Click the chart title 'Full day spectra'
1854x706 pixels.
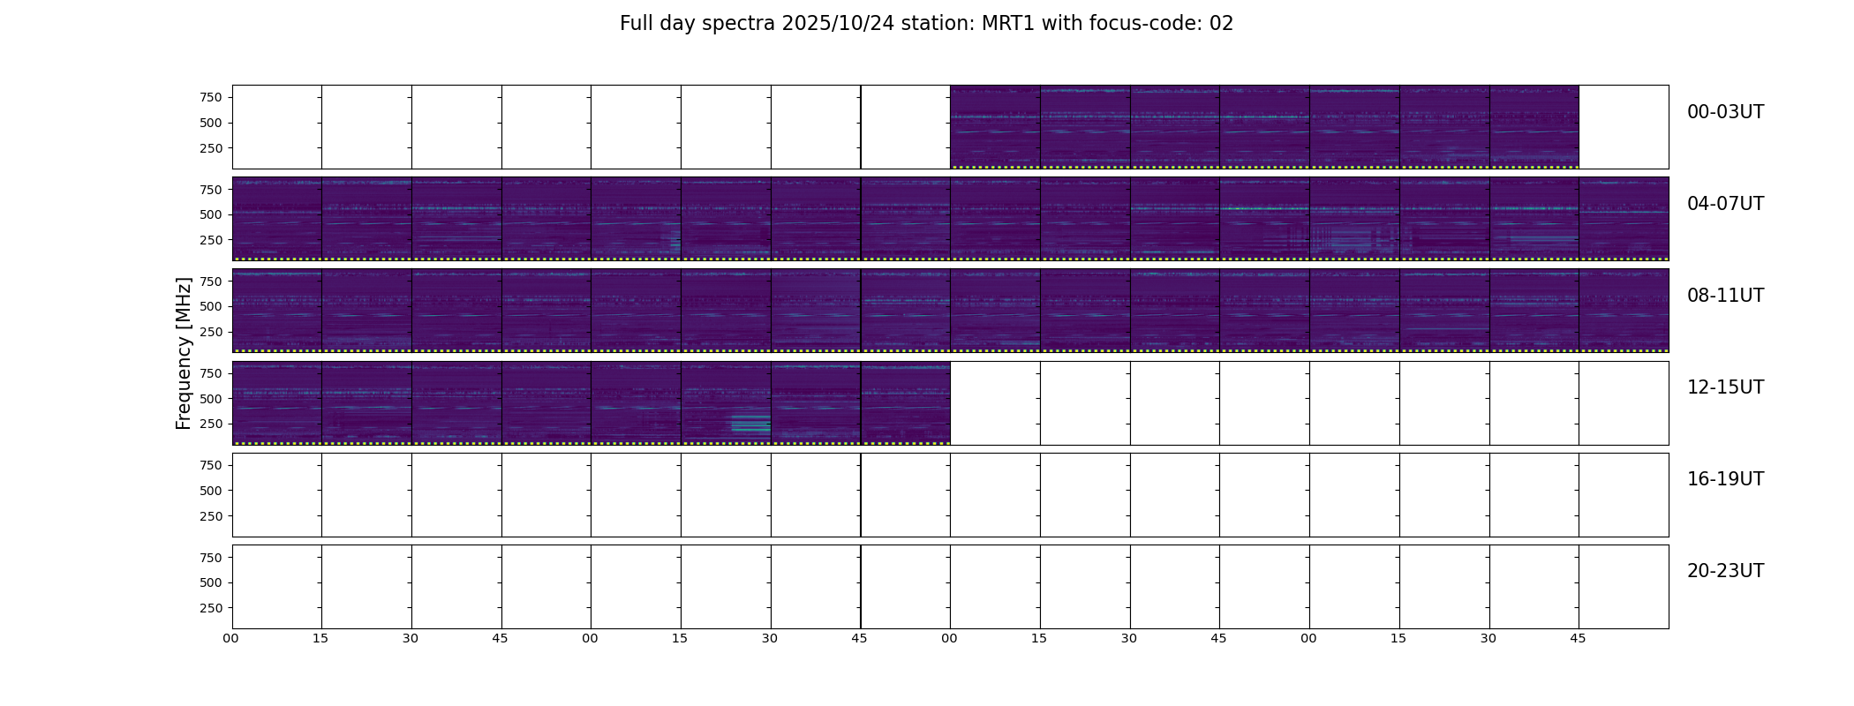pyautogui.click(x=698, y=24)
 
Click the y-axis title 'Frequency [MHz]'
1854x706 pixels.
pyautogui.click(x=184, y=354)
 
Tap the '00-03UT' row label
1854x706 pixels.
pyautogui.click(x=1725, y=112)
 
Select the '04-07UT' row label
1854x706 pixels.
pyautogui.click(x=1725, y=204)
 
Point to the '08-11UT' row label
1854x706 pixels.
pyautogui.click(x=1725, y=296)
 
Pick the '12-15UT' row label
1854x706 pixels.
pyautogui.click(x=1725, y=387)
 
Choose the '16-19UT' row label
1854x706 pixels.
pyautogui.click(x=1725, y=479)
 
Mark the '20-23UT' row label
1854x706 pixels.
pyautogui.click(x=1725, y=571)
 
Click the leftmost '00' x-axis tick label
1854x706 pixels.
pyautogui.click(x=230, y=638)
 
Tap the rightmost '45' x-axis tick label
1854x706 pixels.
pyautogui.click(x=1578, y=638)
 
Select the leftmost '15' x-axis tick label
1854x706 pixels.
pyautogui.click(x=320, y=638)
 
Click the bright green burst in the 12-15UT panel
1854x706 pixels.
pyautogui.click(x=750, y=424)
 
